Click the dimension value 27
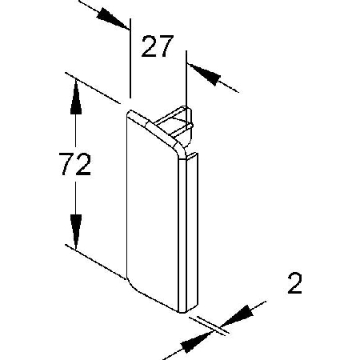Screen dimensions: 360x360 [158, 46]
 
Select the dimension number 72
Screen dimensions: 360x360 [75, 164]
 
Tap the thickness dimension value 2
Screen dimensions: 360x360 [294, 283]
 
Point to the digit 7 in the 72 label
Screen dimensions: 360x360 [66, 164]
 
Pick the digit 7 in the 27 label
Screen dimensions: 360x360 [166, 46]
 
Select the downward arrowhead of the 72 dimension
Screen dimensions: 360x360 [76, 232]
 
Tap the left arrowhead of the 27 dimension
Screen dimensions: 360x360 [113, 18]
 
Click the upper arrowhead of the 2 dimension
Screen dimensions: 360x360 [237, 316]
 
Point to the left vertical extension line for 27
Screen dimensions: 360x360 [130, 58]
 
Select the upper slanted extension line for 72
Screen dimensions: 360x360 [93, 88]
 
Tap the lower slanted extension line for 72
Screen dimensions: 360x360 [95, 262]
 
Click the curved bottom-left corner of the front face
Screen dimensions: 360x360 [130, 286]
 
